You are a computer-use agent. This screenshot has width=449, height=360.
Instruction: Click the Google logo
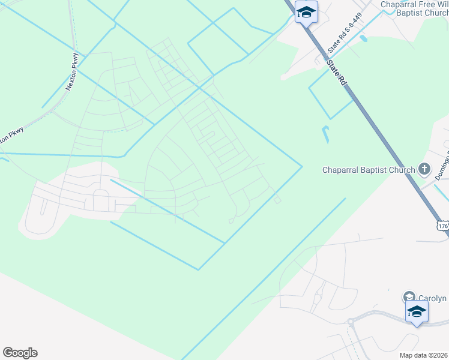(20, 353)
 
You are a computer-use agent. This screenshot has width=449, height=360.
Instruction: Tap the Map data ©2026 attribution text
(423, 355)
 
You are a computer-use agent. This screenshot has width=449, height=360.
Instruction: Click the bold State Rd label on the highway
(337, 71)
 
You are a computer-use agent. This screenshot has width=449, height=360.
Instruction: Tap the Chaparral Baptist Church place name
(369, 170)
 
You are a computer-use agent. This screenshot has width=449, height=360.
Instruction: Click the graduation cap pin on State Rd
(306, 13)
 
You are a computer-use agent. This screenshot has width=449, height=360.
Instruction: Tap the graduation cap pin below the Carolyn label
(417, 312)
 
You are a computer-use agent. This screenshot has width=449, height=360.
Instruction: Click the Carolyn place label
(433, 298)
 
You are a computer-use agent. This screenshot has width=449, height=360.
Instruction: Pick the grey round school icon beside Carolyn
(409, 297)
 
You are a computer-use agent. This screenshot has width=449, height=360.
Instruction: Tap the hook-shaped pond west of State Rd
(325, 135)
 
